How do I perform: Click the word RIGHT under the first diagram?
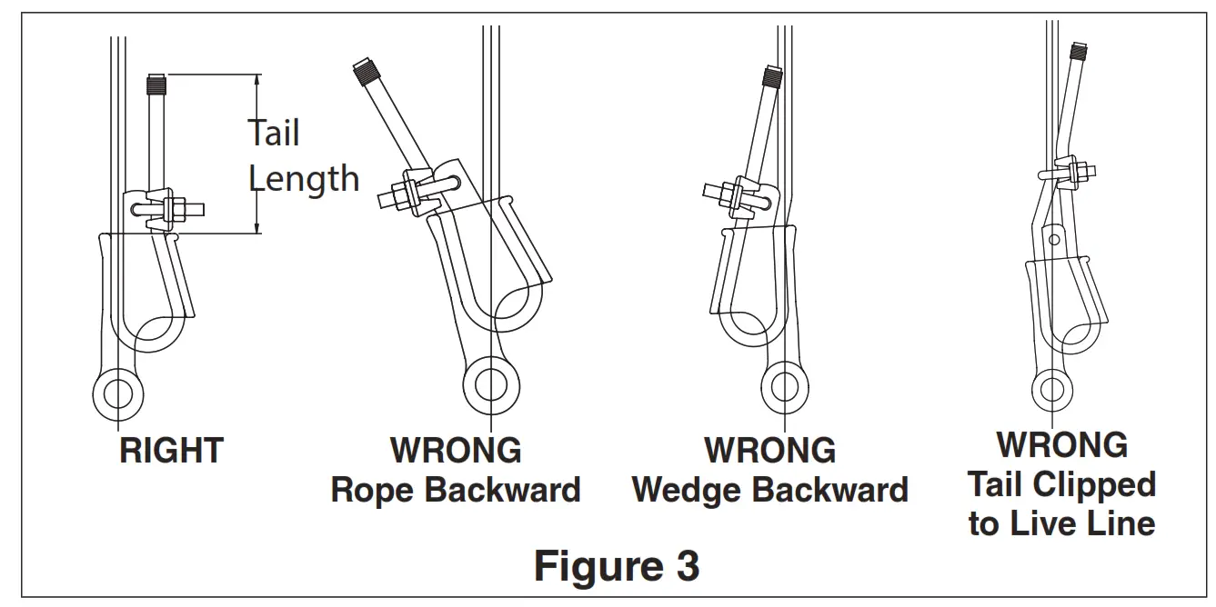point(171,451)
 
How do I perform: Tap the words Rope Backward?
point(456,491)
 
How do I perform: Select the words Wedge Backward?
point(769,491)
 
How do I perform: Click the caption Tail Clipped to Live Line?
point(1061,504)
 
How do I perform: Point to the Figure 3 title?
point(616,565)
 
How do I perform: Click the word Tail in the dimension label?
point(274,134)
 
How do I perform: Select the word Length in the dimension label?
point(304,179)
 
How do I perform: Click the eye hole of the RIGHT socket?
point(118,393)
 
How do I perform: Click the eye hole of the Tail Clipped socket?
point(1052,389)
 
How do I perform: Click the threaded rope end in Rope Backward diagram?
point(367,71)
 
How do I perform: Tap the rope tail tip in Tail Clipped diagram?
point(1080,51)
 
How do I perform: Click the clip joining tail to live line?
point(1069,170)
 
